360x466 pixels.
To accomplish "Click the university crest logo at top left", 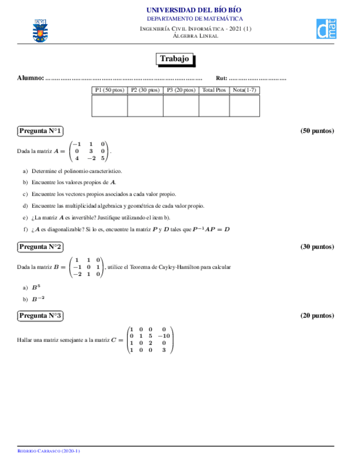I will click(x=40, y=30).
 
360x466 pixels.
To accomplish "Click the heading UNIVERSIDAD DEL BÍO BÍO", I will click(x=193, y=10).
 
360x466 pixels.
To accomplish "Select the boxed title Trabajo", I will click(x=174, y=59).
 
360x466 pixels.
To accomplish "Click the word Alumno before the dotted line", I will click(x=30, y=79).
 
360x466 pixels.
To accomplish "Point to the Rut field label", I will click(x=221, y=79).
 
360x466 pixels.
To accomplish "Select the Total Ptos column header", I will click(x=214, y=90).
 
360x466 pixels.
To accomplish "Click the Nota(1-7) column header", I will click(x=244, y=90).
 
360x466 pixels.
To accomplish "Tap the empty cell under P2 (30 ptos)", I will click(x=145, y=106).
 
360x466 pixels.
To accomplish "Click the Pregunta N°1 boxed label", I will click(x=40, y=131).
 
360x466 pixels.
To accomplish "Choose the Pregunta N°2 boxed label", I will click(x=40, y=247).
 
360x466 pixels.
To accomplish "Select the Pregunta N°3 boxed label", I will click(x=40, y=315).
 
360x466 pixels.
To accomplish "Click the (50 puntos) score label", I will click(x=317, y=131).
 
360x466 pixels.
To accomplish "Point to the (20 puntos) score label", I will click(x=317, y=315).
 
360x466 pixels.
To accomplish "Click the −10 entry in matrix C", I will click(x=164, y=336).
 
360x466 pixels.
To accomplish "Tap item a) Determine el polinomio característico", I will click(x=76, y=171).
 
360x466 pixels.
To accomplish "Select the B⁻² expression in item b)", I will click(x=38, y=299).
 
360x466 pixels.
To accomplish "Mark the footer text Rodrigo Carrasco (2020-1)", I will click(x=49, y=451).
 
